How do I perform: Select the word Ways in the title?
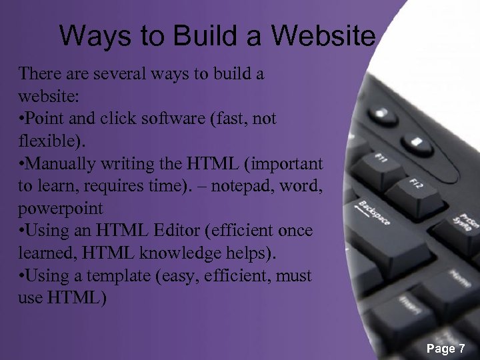point(97,36)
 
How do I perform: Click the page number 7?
point(461,349)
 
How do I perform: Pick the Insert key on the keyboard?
point(409,306)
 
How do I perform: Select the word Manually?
point(63,163)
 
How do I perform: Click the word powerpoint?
point(61,209)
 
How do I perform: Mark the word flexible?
point(43,141)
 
